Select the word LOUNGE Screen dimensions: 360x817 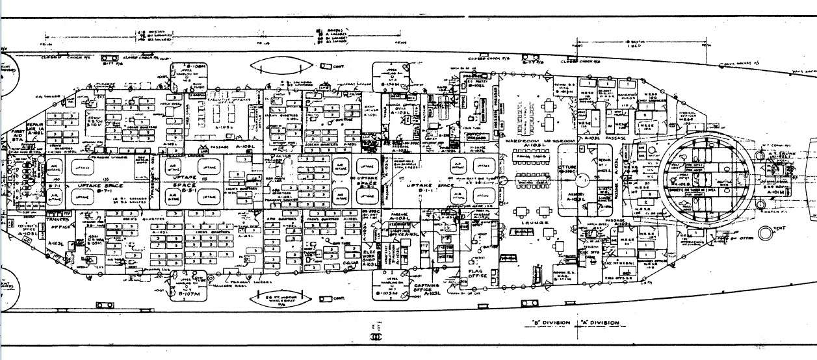pyautogui.click(x=538, y=223)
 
